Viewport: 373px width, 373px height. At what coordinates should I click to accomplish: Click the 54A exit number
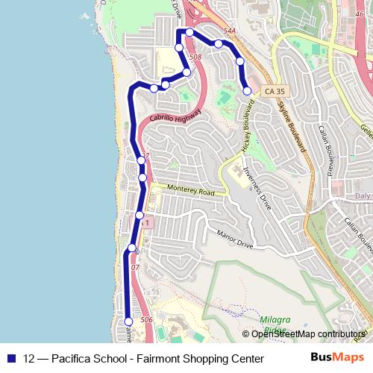pyautogui.click(x=228, y=31)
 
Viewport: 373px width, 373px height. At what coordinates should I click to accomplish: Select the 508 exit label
pyautogui.click(x=195, y=57)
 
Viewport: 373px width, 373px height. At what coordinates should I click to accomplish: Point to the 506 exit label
pyautogui.click(x=146, y=319)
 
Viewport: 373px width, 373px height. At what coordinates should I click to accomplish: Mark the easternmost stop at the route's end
pyautogui.click(x=247, y=91)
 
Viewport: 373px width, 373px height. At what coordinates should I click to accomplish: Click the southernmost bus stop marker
pyautogui.click(x=128, y=322)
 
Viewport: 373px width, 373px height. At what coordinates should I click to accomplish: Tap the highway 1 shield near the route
pyautogui.click(x=148, y=222)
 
